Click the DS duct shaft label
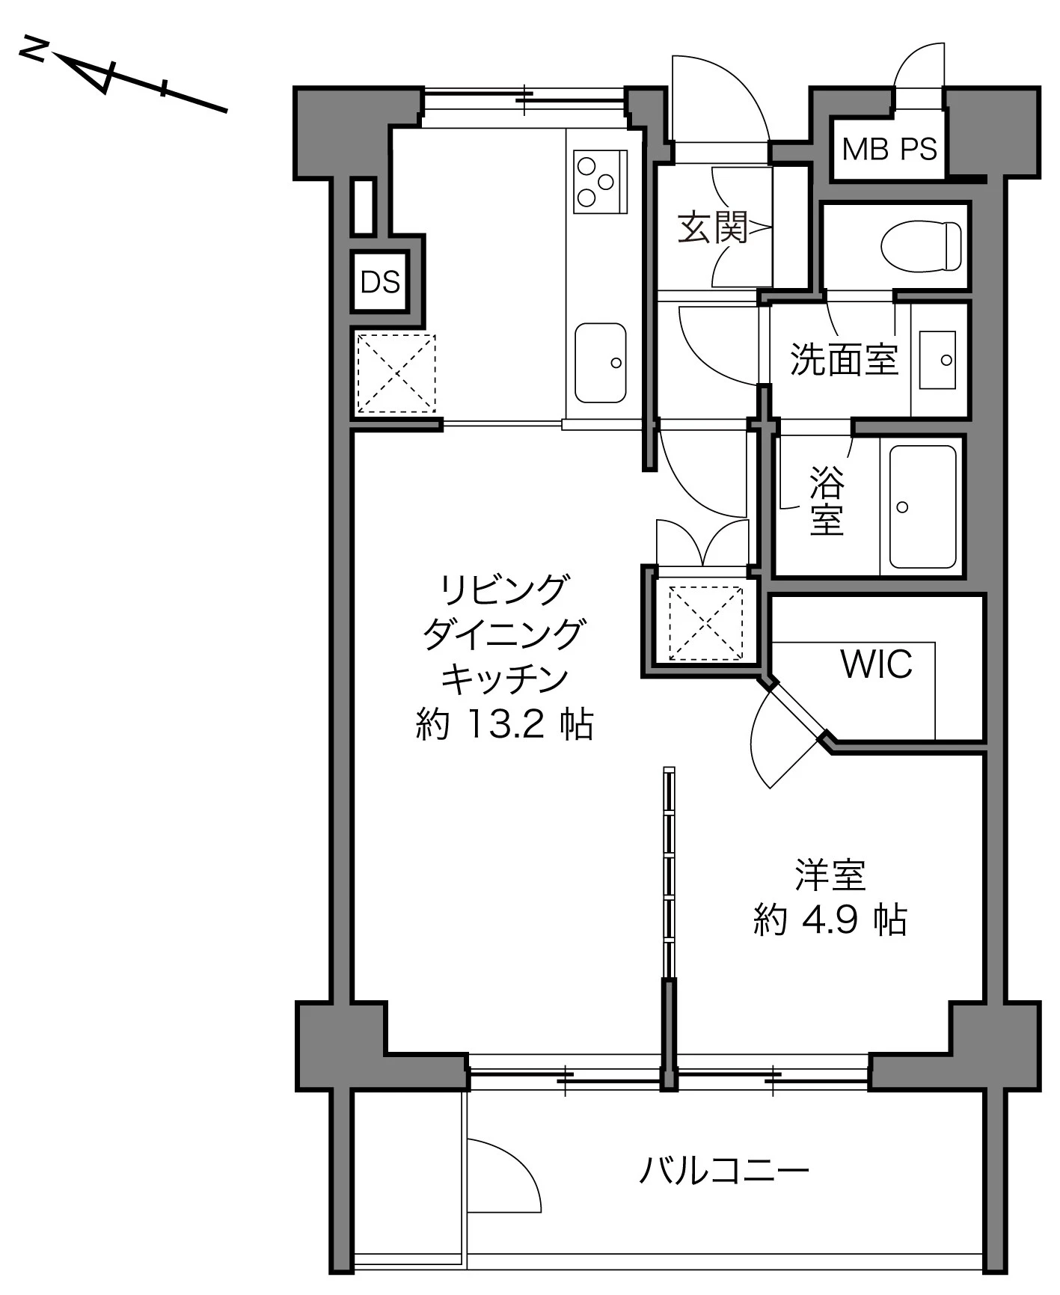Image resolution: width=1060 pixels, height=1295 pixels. click(x=380, y=282)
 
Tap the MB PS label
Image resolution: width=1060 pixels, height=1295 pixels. click(x=889, y=150)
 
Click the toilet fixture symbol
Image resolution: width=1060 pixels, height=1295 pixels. click(x=921, y=245)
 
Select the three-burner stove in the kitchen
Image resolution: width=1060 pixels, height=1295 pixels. click(x=600, y=180)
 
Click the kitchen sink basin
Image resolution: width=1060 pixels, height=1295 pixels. click(x=600, y=363)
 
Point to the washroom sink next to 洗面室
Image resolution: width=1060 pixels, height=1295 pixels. click(x=937, y=360)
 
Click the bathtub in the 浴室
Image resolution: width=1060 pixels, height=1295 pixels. click(x=922, y=507)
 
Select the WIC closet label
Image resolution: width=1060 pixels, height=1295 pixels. click(x=876, y=664)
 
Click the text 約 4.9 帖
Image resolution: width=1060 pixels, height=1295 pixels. click(x=830, y=919)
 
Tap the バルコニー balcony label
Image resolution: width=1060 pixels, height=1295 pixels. click(x=723, y=1170)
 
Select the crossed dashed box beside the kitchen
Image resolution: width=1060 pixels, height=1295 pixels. click(x=396, y=373)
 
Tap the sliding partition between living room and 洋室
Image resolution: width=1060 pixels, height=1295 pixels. click(x=669, y=872)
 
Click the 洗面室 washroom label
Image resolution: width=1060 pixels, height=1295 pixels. click(x=844, y=360)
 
